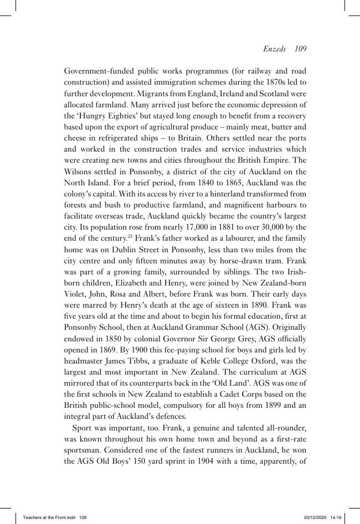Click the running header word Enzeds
(274, 49)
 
